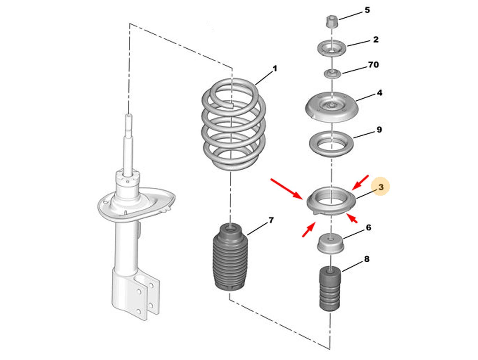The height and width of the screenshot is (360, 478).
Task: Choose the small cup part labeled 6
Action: (x=330, y=243)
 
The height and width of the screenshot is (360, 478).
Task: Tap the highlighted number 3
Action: (x=381, y=187)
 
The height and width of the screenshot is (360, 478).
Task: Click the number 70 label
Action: (x=373, y=65)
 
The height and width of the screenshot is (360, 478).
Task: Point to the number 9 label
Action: (x=379, y=130)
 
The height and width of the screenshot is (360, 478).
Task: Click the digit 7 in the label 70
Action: (x=370, y=65)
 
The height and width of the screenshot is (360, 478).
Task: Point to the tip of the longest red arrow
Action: (x=302, y=199)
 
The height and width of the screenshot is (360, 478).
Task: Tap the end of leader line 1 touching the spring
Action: (x=255, y=85)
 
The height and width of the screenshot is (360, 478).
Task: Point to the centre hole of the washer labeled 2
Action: (x=331, y=51)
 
